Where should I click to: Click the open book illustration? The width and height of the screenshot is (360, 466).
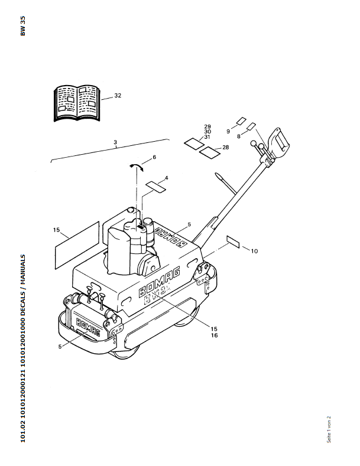77,103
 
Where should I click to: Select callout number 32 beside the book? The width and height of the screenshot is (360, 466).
118,96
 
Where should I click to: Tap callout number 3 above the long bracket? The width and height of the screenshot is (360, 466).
115,142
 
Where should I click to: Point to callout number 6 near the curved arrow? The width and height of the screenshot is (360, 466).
154,157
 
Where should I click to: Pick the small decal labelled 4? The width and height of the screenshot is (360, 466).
155,187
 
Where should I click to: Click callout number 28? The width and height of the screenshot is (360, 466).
226,147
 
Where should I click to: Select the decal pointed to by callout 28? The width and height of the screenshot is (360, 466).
210,152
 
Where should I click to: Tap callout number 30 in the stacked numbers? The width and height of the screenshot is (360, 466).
207,132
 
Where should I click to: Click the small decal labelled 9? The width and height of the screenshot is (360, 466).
241,121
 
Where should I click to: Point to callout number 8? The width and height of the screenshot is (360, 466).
239,136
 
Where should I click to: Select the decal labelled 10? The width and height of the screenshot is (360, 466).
233,242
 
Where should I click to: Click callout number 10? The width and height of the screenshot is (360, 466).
254,251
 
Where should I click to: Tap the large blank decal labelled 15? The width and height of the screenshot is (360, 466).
77,245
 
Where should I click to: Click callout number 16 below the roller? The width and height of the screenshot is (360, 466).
214,335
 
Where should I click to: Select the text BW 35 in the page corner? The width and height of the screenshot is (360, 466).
23,26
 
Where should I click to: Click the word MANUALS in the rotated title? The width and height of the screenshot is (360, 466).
23,268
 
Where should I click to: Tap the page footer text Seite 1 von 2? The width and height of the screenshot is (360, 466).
329,429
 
